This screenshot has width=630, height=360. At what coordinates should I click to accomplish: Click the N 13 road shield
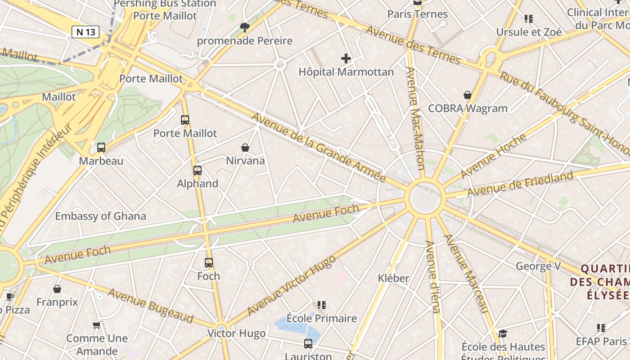(x=85, y=32)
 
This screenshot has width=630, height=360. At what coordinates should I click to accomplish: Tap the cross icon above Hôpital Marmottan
(x=346, y=58)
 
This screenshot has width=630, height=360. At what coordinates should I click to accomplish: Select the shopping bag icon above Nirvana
(x=245, y=148)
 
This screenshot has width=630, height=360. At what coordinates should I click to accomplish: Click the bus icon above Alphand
(x=198, y=171)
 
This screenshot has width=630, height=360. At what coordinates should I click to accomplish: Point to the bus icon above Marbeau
(x=101, y=148)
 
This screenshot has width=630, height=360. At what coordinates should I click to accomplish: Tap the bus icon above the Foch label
(x=209, y=263)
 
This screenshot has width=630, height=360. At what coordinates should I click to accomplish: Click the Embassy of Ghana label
(x=100, y=216)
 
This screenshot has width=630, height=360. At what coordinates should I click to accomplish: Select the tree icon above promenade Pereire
(x=245, y=28)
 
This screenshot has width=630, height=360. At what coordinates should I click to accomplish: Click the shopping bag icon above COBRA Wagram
(x=468, y=95)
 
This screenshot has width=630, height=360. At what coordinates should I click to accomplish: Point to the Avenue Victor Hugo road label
(x=291, y=285)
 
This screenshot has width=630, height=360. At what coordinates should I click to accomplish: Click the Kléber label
(x=394, y=278)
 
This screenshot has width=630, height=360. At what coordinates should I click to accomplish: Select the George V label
(x=538, y=266)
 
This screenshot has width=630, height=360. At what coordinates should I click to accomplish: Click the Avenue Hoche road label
(x=493, y=156)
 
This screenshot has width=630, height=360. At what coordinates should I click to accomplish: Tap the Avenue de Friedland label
(x=521, y=184)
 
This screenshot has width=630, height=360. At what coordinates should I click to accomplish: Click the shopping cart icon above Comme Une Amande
(x=96, y=325)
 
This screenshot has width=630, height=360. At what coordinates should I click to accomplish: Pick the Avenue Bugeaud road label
(x=150, y=306)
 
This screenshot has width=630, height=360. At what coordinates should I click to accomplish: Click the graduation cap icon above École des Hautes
(x=503, y=333)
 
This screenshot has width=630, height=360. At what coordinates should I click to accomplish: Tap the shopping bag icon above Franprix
(x=57, y=289)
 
